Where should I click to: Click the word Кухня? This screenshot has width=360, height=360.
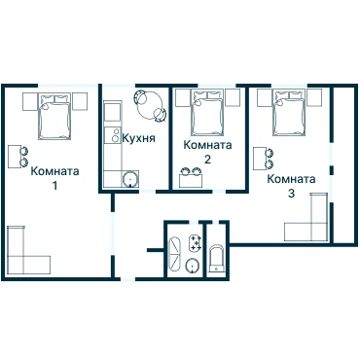139,138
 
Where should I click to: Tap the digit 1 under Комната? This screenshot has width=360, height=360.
54,186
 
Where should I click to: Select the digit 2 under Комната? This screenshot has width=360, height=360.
207,160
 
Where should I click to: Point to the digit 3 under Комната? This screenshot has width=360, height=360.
291,194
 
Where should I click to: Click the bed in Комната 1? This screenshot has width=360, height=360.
54,117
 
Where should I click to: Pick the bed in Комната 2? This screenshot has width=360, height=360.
207,113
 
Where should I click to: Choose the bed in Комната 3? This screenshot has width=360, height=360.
289,113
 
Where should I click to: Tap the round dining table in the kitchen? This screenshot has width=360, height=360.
151,105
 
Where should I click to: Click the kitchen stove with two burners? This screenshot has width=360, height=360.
113,134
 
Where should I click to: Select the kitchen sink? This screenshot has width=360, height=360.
130,179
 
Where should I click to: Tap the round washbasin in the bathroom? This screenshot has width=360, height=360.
193,266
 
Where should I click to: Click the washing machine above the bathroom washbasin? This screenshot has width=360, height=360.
195,242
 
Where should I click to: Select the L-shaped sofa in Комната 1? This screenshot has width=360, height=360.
28,250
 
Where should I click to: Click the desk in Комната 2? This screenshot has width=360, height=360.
191,181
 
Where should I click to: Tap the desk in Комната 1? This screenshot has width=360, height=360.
14,157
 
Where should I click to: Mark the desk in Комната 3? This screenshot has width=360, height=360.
260,159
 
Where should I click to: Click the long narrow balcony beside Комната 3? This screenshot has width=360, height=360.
344,164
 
